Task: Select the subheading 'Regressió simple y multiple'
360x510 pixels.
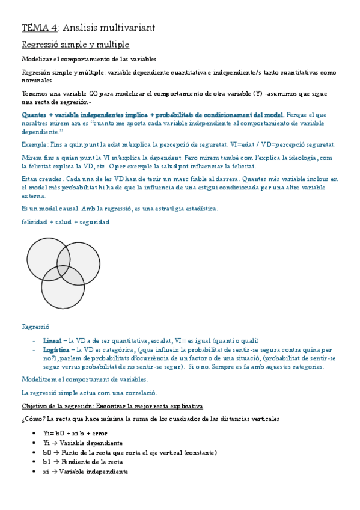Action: tap(75, 45)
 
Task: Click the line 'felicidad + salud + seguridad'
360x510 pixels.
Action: tap(65, 222)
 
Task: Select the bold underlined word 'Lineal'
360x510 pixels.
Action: tap(52, 340)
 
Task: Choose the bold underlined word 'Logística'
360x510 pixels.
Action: tap(56, 349)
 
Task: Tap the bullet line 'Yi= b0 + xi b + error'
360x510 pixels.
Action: tap(75, 433)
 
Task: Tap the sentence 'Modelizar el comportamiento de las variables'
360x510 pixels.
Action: tap(89, 59)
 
